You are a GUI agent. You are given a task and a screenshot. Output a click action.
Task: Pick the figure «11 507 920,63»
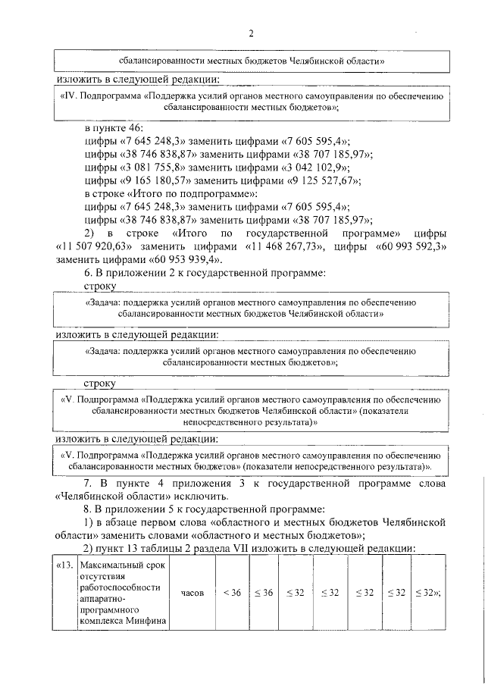(x=94, y=246)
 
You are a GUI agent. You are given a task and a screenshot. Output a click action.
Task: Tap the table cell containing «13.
(x=64, y=565)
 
